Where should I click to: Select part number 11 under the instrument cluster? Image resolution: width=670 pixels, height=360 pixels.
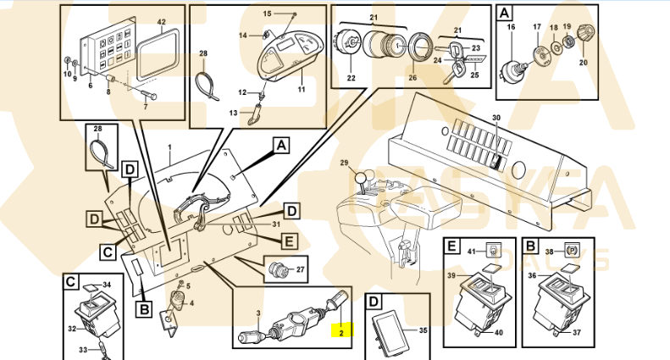302,89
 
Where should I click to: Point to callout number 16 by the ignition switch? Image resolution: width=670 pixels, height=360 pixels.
511,28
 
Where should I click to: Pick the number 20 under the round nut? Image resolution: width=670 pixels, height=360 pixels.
583,63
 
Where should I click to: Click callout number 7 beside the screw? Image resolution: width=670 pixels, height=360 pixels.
145,107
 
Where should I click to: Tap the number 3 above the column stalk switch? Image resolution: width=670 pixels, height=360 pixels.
257,313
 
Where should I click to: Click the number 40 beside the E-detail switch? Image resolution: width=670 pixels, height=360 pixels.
498,332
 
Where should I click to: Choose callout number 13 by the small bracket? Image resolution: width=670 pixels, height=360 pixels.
234,112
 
